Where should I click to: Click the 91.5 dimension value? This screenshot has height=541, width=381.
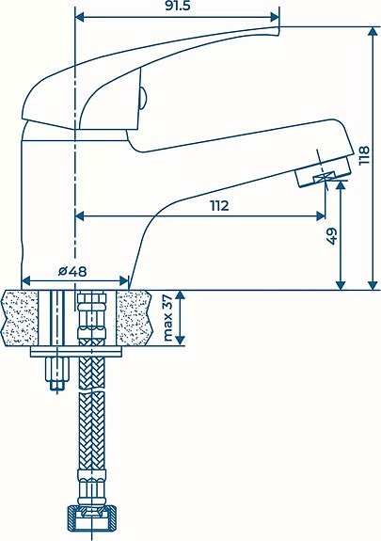[x=178, y=6]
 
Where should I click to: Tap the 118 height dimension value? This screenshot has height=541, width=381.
[x=364, y=155]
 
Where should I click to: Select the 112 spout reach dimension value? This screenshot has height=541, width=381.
[x=219, y=206]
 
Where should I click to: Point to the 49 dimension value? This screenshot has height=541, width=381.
[x=331, y=236]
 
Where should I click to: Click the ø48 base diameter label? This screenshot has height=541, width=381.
[x=72, y=272]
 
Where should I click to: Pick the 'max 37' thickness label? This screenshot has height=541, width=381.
[x=167, y=318]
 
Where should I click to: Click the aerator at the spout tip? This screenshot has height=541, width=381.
[x=323, y=172]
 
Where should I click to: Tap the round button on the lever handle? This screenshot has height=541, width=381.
[x=144, y=99]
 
